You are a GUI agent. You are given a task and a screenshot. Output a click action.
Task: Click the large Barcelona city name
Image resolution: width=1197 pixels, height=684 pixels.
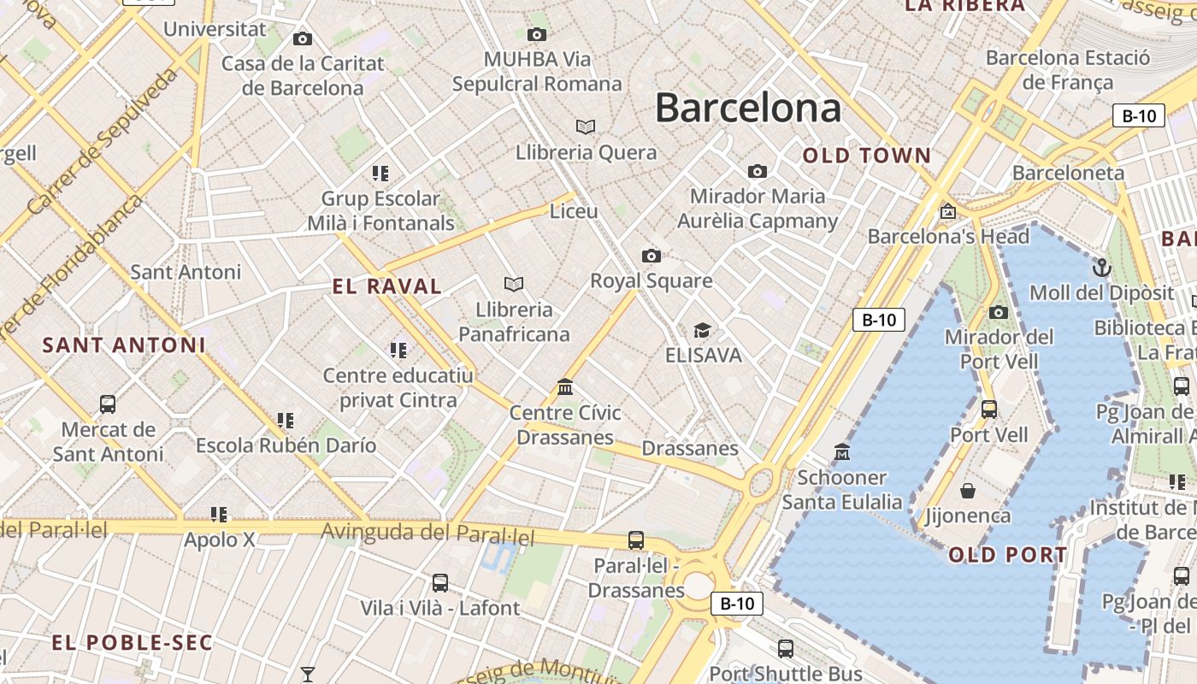click(748, 109)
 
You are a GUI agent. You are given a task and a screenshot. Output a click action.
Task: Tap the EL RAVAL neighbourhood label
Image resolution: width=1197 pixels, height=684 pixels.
click(387, 286)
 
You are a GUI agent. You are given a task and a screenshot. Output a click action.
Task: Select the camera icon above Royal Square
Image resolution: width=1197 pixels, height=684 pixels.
click(652, 256)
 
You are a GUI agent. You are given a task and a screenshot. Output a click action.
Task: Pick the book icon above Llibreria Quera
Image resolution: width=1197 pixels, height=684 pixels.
click(586, 127)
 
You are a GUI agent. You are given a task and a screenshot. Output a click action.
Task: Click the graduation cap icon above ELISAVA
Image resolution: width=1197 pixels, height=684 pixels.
click(702, 330)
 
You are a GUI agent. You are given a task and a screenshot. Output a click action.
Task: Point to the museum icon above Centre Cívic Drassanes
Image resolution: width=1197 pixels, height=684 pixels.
click(565, 387)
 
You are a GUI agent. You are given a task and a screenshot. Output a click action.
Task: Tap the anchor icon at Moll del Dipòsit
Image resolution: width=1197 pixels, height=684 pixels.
click(1101, 268)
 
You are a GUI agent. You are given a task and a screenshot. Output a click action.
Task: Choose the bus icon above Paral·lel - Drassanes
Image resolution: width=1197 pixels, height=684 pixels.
click(636, 540)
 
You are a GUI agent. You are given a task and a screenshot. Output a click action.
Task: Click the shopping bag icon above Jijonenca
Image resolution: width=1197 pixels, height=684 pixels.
click(968, 491)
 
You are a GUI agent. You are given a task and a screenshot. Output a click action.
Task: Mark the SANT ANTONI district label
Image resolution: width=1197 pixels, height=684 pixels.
click(124, 345)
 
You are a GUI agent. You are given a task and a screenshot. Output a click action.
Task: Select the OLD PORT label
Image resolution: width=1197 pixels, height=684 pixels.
click(1008, 555)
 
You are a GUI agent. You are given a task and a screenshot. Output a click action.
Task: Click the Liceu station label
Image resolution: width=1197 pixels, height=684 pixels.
click(574, 211)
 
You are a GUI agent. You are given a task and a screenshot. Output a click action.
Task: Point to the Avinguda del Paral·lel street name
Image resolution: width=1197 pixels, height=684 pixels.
click(427, 534)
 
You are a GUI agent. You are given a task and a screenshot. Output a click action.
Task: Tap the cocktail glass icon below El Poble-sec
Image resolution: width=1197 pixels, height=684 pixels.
click(308, 675)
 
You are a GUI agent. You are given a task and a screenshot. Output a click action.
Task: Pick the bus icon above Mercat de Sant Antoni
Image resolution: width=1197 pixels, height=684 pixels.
click(108, 404)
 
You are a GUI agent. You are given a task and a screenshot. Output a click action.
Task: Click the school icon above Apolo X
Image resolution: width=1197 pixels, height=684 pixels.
click(219, 515)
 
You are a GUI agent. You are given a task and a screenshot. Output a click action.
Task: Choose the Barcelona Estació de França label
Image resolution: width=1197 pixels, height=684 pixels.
click(1068, 70)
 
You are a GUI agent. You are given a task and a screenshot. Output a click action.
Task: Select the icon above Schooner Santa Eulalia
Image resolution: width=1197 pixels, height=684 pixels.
click(842, 451)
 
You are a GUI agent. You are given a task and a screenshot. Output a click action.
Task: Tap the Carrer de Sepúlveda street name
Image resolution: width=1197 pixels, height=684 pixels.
click(102, 141)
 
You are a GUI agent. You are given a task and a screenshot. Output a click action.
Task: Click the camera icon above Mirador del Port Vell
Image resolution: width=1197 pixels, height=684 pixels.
click(998, 312)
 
